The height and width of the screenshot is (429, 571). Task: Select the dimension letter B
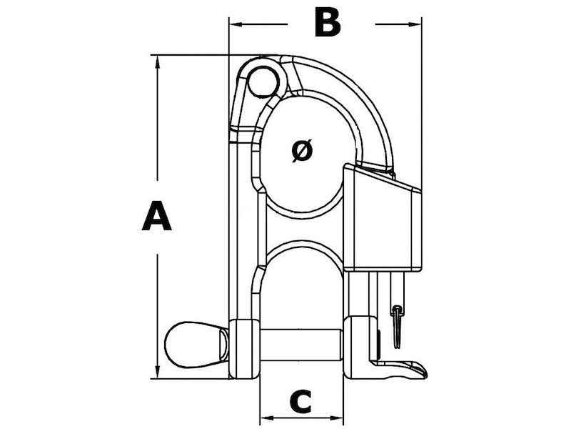[x=328, y=23]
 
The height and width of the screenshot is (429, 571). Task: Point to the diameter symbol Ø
[x=303, y=150]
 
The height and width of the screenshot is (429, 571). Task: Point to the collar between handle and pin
[x=243, y=349]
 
